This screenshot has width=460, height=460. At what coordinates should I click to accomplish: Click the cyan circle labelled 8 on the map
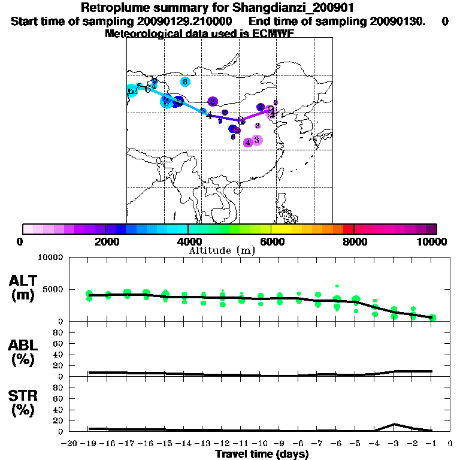(x=185, y=81)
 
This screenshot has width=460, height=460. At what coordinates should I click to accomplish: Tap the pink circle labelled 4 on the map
(x=248, y=142)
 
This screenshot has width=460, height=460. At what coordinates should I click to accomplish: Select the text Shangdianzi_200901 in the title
(x=286, y=8)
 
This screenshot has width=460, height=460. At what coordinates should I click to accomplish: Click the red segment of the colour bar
(x=349, y=229)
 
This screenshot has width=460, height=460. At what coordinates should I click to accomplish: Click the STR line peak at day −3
(x=394, y=424)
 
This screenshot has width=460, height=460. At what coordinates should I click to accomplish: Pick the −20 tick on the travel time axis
(x=69, y=443)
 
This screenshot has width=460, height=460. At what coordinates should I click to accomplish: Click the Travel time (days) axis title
(x=262, y=455)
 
